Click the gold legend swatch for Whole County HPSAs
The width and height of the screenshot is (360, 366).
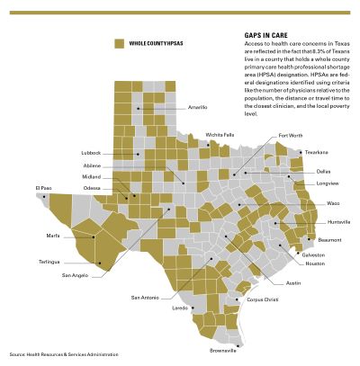[x=119, y=44]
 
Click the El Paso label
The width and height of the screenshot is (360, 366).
[x=44, y=188]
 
